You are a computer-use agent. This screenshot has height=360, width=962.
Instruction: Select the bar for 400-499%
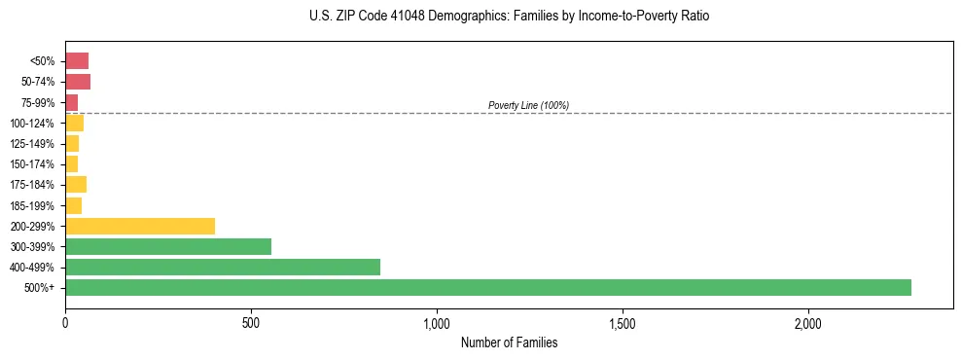click(223, 268)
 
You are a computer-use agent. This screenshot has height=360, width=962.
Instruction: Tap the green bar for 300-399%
click(168, 247)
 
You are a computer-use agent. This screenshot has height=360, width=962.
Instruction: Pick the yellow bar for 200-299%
click(140, 227)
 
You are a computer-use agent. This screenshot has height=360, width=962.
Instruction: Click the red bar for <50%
click(77, 61)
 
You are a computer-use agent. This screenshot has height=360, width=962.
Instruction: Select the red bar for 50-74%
click(78, 82)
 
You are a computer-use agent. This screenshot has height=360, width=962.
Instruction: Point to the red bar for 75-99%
click(72, 102)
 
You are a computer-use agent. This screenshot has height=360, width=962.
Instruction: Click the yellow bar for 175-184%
click(76, 185)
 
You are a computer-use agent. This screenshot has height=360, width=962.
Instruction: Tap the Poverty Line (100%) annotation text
click(528, 105)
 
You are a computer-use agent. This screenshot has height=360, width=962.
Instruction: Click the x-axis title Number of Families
click(509, 342)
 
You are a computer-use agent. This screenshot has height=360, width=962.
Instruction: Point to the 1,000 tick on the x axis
click(437, 323)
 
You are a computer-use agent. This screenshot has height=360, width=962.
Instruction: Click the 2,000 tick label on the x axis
click(808, 323)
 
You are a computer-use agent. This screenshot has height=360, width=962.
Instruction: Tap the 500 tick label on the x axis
click(251, 323)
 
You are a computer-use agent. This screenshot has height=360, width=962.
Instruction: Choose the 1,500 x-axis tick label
click(623, 323)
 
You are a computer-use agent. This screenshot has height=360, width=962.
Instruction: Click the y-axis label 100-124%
click(33, 124)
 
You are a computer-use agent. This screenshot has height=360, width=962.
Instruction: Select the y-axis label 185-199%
click(33, 206)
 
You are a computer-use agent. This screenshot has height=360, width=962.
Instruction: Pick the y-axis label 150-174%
click(33, 164)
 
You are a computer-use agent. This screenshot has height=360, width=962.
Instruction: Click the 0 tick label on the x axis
click(65, 323)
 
